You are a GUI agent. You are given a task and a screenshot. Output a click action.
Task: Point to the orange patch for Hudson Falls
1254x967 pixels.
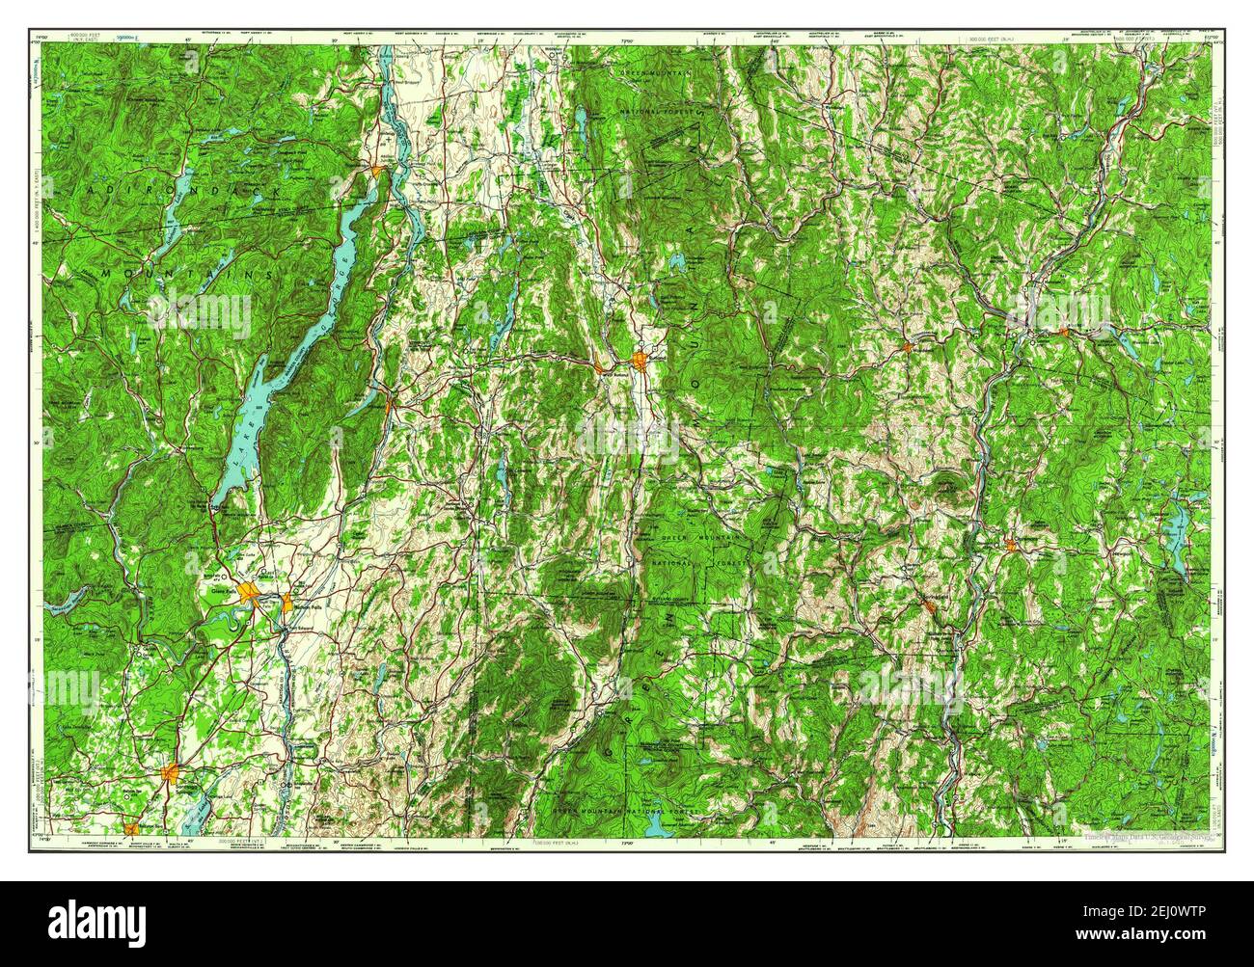point(287,604)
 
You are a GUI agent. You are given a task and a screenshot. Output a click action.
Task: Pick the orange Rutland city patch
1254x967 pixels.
point(641,363)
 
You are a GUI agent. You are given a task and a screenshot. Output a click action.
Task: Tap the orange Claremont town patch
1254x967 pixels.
point(1010,546)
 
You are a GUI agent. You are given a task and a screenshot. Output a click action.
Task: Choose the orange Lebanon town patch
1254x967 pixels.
point(1063,332)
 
